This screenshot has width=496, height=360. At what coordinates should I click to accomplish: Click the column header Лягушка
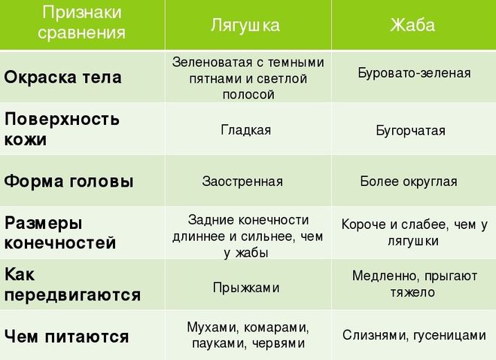tap(245, 25)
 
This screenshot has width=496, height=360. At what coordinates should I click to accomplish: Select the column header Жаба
tap(412, 25)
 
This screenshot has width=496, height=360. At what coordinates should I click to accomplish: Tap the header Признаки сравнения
tap(81, 23)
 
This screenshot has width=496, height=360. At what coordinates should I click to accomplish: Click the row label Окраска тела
tap(62, 78)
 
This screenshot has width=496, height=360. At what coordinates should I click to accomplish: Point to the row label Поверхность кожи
tap(62, 130)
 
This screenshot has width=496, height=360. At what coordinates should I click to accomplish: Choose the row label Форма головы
tap(68, 182)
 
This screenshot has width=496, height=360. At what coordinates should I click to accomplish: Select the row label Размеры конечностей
tap(60, 233)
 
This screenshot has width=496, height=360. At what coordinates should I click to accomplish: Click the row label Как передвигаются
tap(72, 285)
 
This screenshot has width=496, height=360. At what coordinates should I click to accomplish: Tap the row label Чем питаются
tap(66, 336)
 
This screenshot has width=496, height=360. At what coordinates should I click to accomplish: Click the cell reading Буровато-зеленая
tap(414, 73)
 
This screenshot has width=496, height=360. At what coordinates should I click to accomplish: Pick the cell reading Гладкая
tap(246, 130)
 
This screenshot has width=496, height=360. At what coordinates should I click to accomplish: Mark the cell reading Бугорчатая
tap(411, 130)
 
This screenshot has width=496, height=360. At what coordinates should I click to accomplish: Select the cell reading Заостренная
tap(242, 182)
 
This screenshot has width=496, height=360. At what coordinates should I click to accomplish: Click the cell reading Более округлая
tap(409, 182)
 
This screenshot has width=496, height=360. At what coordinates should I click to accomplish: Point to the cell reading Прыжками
tap(246, 288)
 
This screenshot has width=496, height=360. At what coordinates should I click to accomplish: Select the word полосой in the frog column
tap(248, 95)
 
